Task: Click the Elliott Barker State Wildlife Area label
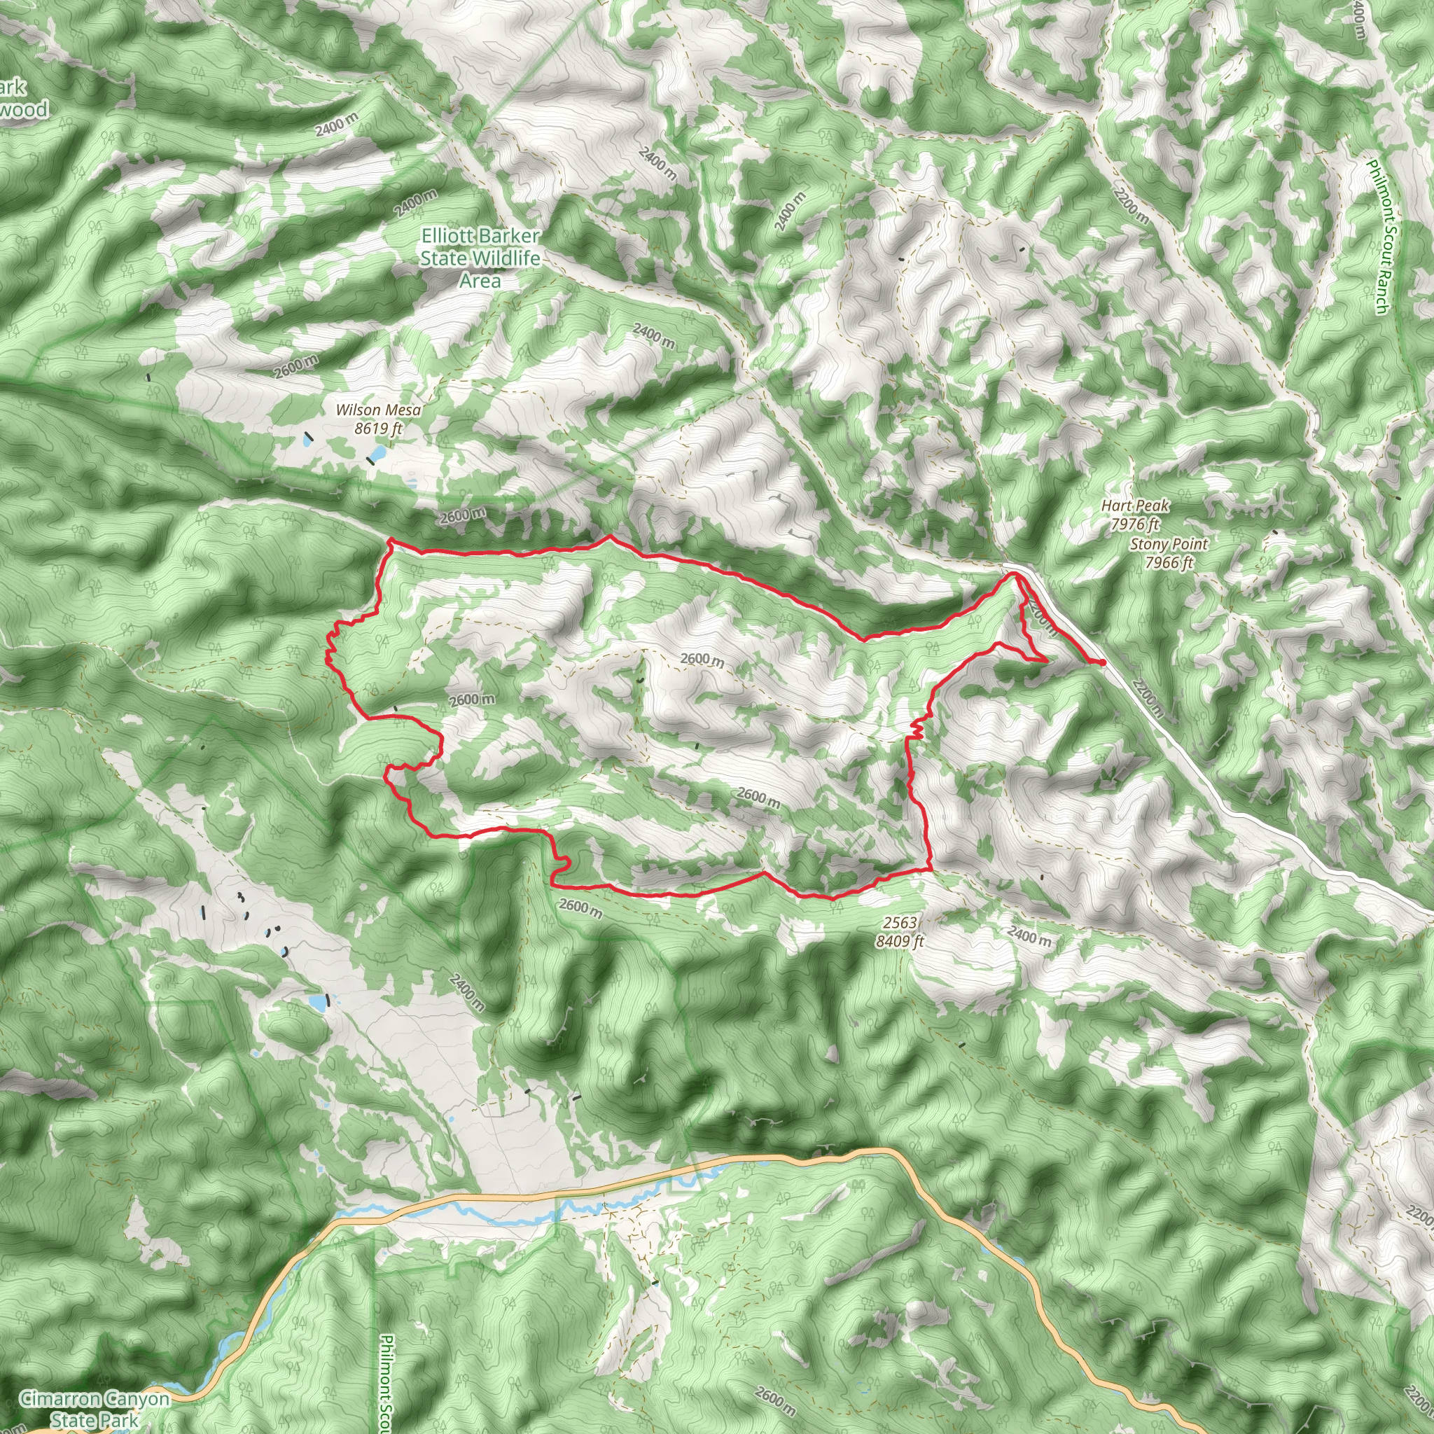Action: (480, 258)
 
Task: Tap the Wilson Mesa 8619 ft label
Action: (378, 419)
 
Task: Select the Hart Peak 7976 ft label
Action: (1135, 515)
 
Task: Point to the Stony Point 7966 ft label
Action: (1169, 553)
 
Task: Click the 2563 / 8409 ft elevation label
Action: (900, 931)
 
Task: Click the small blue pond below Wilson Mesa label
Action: (377, 452)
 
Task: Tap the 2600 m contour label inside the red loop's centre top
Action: (702, 659)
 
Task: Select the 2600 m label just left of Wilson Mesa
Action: (295, 366)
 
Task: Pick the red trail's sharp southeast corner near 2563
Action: (930, 868)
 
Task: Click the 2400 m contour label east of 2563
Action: (1029, 937)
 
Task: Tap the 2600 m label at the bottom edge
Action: (775, 1399)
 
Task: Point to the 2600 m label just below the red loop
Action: (580, 906)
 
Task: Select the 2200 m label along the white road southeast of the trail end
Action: (1148, 701)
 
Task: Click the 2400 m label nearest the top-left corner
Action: (336, 125)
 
